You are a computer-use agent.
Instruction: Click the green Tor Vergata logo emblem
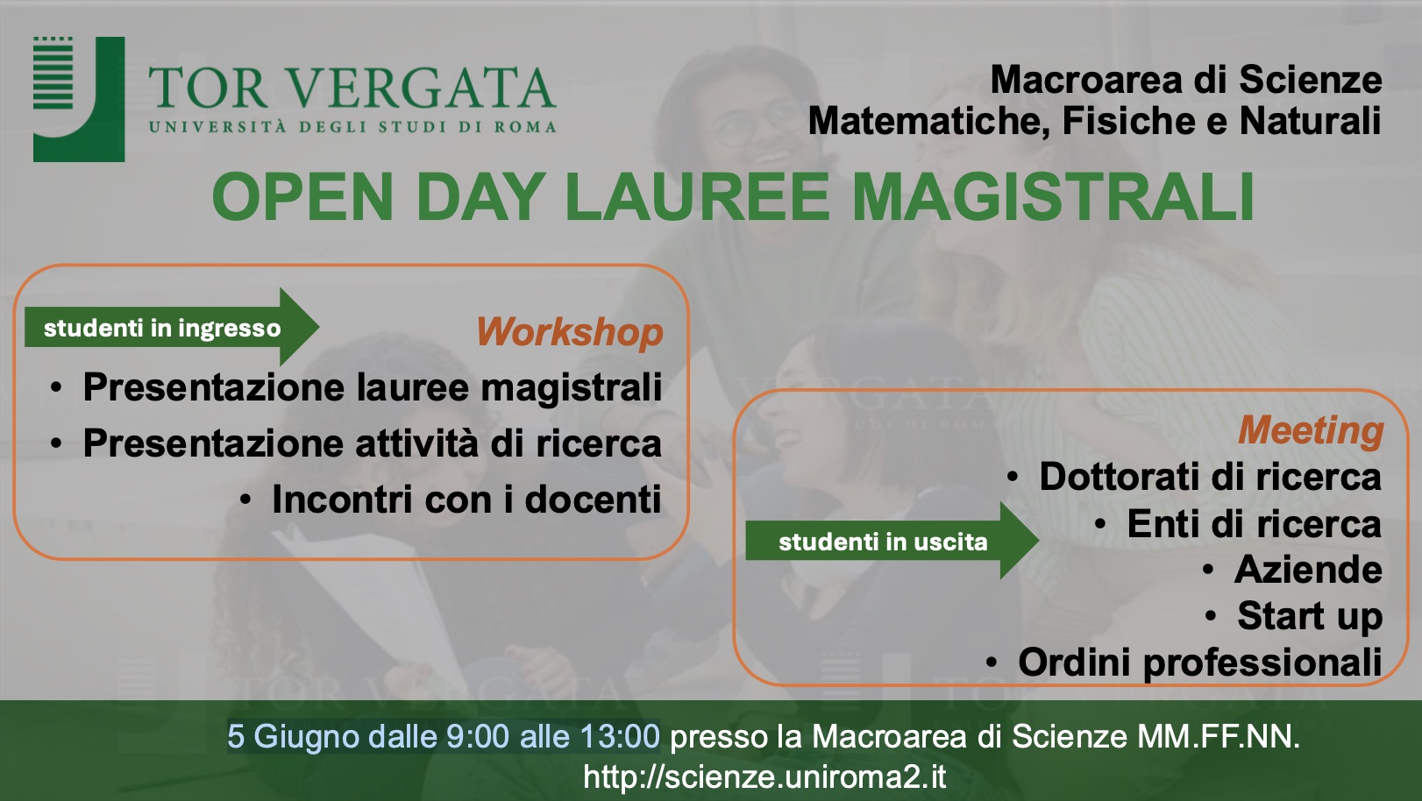(x=79, y=99)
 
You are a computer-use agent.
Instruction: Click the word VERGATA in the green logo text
(x=423, y=88)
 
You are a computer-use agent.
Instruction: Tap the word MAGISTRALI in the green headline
(x=1053, y=196)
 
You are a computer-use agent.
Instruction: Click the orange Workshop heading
(x=570, y=331)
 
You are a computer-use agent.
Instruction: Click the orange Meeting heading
(x=1311, y=431)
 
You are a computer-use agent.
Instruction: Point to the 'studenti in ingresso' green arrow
(x=172, y=328)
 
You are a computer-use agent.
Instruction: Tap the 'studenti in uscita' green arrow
(x=892, y=541)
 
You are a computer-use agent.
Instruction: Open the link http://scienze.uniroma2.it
(x=764, y=776)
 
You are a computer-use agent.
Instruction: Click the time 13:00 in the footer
(x=620, y=737)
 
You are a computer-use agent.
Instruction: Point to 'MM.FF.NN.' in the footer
(x=1219, y=737)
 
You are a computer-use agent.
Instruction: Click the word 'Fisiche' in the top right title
(x=1128, y=121)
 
